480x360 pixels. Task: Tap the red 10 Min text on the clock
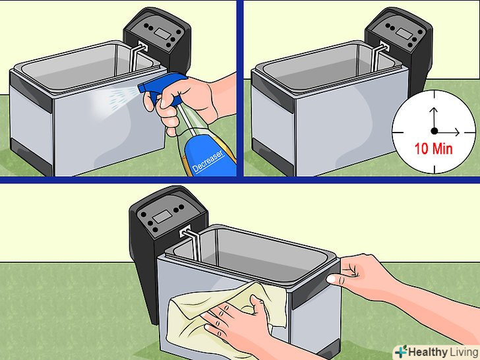[433, 149]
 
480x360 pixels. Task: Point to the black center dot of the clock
[434, 131]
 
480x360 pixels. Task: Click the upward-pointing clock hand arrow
[434, 118]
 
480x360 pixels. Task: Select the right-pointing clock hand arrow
[448, 132]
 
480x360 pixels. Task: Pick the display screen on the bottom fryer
[162, 216]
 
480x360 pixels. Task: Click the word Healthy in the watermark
[428, 352]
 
